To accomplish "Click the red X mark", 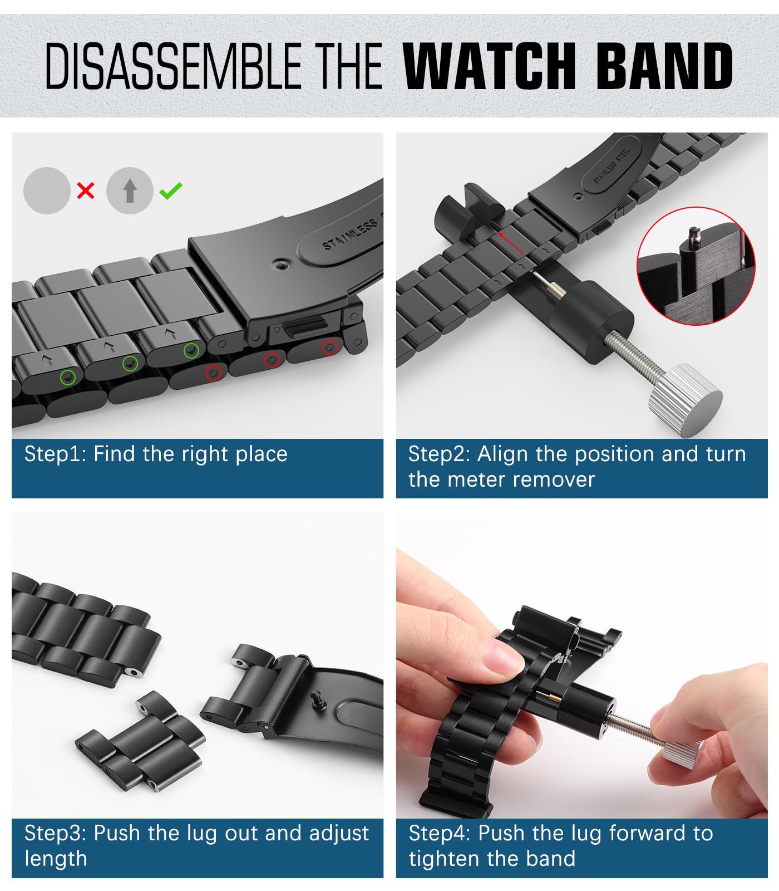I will [86, 191].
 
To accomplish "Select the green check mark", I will [170, 191].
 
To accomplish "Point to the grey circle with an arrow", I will [130, 191].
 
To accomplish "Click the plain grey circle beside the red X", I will [47, 191].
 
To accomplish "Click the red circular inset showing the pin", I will [696, 266].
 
